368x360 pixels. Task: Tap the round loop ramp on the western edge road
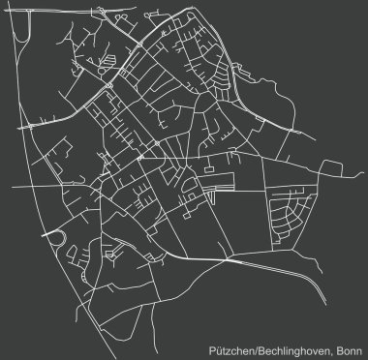(x=58, y=237)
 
